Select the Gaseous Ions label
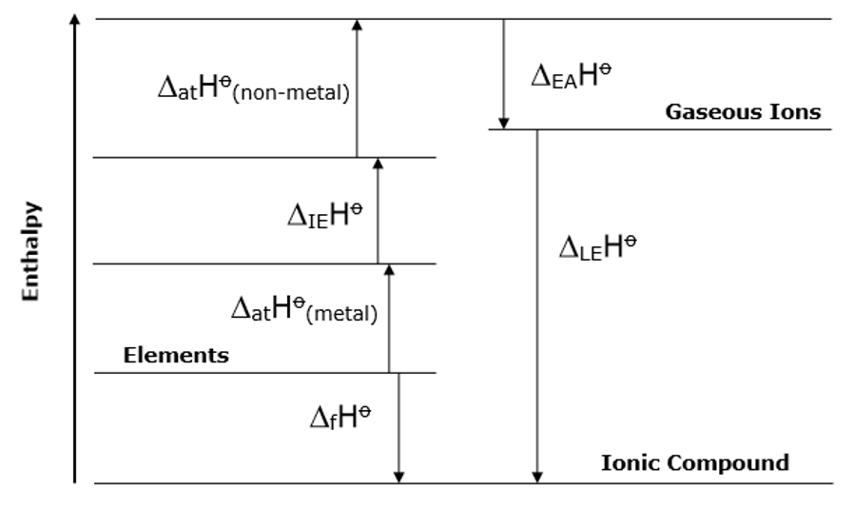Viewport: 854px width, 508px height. pyautogui.click(x=743, y=112)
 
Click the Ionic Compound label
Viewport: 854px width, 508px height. pyautogui.click(x=695, y=463)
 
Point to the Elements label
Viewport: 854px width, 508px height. pyautogui.click(x=176, y=356)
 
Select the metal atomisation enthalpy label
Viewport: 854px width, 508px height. pyautogui.click(x=304, y=307)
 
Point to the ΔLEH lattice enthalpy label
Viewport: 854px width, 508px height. pyautogui.click(x=597, y=246)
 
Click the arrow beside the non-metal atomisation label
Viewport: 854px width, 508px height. pyautogui.click(x=357, y=88)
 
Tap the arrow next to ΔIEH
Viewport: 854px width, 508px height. pyautogui.click(x=378, y=210)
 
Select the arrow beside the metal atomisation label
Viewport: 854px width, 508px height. pyautogui.click(x=388, y=319)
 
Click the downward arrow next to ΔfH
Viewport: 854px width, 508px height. pyautogui.click(x=398, y=428)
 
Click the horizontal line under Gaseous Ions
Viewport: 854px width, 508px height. pyautogui.click(x=660, y=129)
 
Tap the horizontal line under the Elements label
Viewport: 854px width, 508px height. pyautogui.click(x=265, y=373)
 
